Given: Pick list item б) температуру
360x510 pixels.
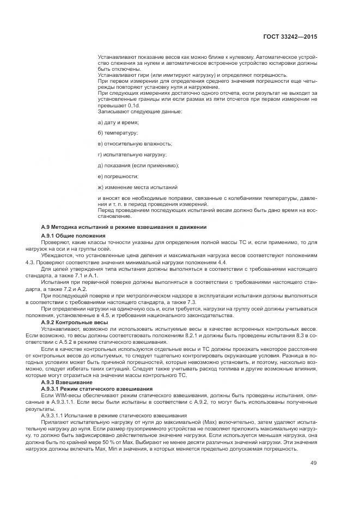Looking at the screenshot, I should point(118,133).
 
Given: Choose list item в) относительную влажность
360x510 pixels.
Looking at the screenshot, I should point(135,144).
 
